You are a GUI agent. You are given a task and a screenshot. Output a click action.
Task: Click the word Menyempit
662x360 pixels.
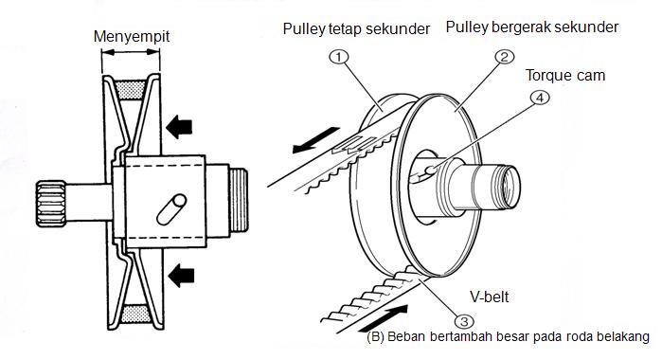(x=132, y=36)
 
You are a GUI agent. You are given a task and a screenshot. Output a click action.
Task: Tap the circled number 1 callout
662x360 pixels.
(x=338, y=57)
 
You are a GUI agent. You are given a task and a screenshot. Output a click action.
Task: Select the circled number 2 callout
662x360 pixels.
(x=504, y=57)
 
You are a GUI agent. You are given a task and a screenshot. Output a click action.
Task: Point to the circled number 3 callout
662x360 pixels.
(x=464, y=321)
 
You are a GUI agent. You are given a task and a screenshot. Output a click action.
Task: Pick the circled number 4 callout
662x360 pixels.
(x=540, y=98)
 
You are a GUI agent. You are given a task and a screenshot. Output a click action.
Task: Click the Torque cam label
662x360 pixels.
(x=565, y=76)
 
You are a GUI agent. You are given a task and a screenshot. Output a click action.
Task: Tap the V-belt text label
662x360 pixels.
(x=490, y=297)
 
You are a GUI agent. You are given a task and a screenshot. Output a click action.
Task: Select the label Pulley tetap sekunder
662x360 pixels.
(x=356, y=28)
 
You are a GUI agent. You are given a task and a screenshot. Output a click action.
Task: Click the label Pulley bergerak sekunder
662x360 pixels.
(x=532, y=27)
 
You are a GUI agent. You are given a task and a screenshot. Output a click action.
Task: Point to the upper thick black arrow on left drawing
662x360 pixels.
(x=179, y=126)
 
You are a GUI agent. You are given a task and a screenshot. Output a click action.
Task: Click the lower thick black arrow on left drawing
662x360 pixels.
(x=181, y=276)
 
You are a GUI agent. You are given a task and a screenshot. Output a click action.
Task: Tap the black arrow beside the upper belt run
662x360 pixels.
(x=315, y=140)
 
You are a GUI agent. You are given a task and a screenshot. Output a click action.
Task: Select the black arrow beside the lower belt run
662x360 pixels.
(x=384, y=318)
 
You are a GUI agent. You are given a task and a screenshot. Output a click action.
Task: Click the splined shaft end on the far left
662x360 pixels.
(x=50, y=204)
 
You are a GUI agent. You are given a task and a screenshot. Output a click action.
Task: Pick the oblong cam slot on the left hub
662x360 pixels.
(x=171, y=208)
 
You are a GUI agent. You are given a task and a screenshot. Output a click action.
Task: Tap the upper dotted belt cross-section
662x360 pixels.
(x=131, y=90)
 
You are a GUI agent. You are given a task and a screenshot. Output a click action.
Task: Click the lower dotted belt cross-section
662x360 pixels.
(x=135, y=314)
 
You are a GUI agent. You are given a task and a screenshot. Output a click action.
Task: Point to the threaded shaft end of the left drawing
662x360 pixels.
(x=239, y=200)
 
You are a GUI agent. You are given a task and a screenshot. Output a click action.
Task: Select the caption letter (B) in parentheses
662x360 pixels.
(x=375, y=336)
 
